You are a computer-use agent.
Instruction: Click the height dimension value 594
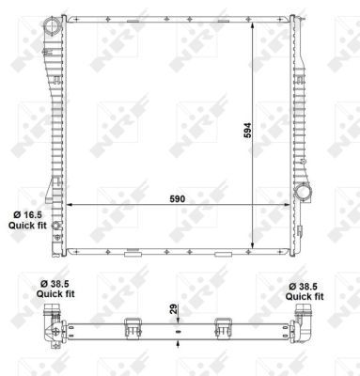[248, 131]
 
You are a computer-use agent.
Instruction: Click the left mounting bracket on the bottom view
[130, 326]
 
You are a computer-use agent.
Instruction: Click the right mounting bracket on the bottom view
[224, 326]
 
